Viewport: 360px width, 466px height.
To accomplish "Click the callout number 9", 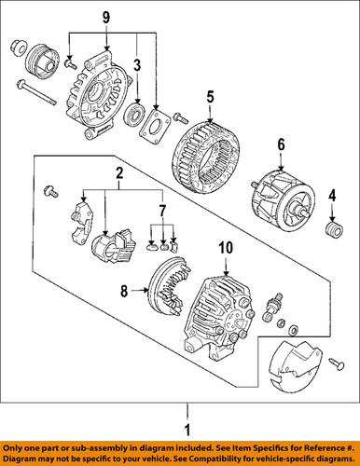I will click(104, 16).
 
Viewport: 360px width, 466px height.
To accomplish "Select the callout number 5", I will click(210, 95).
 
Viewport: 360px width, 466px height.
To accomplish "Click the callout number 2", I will click(118, 173).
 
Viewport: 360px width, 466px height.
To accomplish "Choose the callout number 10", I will click(223, 248).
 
